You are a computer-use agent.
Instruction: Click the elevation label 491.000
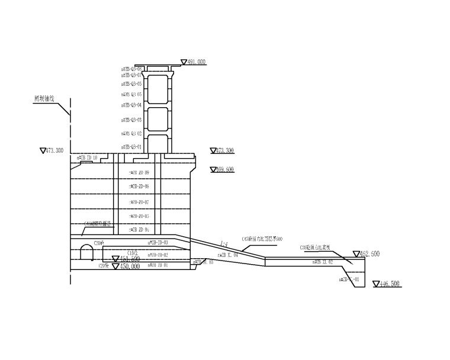click(197, 62)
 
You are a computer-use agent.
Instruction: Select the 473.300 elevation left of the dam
click(54, 151)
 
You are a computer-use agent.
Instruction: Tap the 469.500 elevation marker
click(225, 170)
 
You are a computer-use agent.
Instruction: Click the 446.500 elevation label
click(390, 284)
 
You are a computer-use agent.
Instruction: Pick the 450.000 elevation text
click(130, 266)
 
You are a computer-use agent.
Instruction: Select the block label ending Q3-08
click(131, 69)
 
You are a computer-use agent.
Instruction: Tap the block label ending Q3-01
click(131, 147)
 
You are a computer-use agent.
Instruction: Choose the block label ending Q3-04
click(131, 105)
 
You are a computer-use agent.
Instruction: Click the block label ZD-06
click(139, 187)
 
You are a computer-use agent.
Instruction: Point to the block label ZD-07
click(139, 202)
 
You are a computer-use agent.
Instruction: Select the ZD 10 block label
click(87, 158)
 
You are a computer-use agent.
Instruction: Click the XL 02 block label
click(323, 261)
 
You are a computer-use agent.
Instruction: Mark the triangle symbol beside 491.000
click(184, 61)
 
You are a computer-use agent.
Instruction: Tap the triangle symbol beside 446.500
click(377, 284)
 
